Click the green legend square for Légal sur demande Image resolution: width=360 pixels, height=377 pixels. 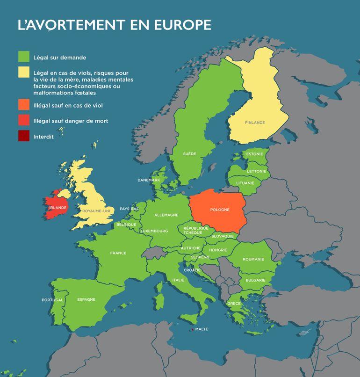(24, 57)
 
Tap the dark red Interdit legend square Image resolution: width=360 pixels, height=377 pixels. (24, 137)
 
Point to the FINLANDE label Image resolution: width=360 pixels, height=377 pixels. (254, 123)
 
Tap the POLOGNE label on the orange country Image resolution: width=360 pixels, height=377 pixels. (220, 210)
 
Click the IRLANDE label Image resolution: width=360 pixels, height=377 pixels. (55, 207)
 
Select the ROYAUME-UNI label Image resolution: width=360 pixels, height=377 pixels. (96, 211)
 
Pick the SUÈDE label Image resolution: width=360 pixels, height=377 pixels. (189, 154)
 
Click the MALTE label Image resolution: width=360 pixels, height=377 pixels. (202, 329)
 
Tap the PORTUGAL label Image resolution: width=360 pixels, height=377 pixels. (52, 300)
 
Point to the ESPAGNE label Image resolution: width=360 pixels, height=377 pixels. (86, 299)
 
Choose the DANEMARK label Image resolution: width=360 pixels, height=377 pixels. (149, 180)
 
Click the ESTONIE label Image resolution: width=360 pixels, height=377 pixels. (254, 154)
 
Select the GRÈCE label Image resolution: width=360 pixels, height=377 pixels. (234, 304)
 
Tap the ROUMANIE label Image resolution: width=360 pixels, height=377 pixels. (253, 259)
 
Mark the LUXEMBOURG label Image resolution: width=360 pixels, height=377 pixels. (154, 231)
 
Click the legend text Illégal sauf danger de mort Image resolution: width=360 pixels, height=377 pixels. (71, 121)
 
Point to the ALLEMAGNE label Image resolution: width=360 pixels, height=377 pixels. (166, 215)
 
